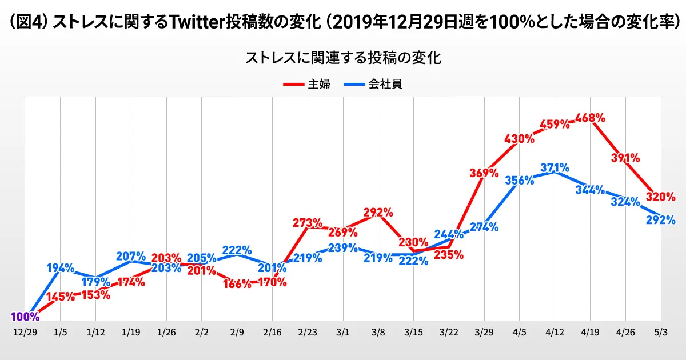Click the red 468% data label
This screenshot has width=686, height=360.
coord(591,118)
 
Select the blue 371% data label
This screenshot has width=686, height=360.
coord(554,168)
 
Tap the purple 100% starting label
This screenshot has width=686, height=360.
coord(25,317)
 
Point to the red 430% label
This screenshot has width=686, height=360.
coord(519,138)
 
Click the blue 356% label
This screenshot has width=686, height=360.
coord(519,180)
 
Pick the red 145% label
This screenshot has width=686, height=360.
coord(60,297)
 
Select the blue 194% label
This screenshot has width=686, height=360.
coord(60,267)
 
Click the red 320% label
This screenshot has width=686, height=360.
coord(661,197)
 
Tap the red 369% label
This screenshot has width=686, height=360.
coord(484,173)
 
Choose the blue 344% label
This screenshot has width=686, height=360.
coord(590,190)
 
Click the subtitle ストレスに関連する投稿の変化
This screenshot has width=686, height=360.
coord(343,58)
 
